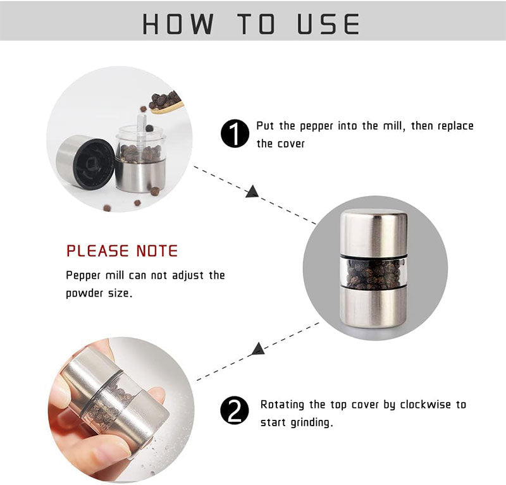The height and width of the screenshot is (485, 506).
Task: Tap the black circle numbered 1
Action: point(235,134)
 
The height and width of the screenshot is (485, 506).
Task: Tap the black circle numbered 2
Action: point(235,412)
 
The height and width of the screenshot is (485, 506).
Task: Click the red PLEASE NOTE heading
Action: point(122,250)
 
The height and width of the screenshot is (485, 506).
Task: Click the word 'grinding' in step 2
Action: point(308,422)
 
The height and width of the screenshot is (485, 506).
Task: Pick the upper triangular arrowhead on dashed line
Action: point(252,192)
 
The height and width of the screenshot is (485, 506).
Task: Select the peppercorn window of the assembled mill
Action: point(373,273)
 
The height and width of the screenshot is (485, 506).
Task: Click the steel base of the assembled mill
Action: point(373,307)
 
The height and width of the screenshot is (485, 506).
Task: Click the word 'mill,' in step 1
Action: point(390,126)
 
